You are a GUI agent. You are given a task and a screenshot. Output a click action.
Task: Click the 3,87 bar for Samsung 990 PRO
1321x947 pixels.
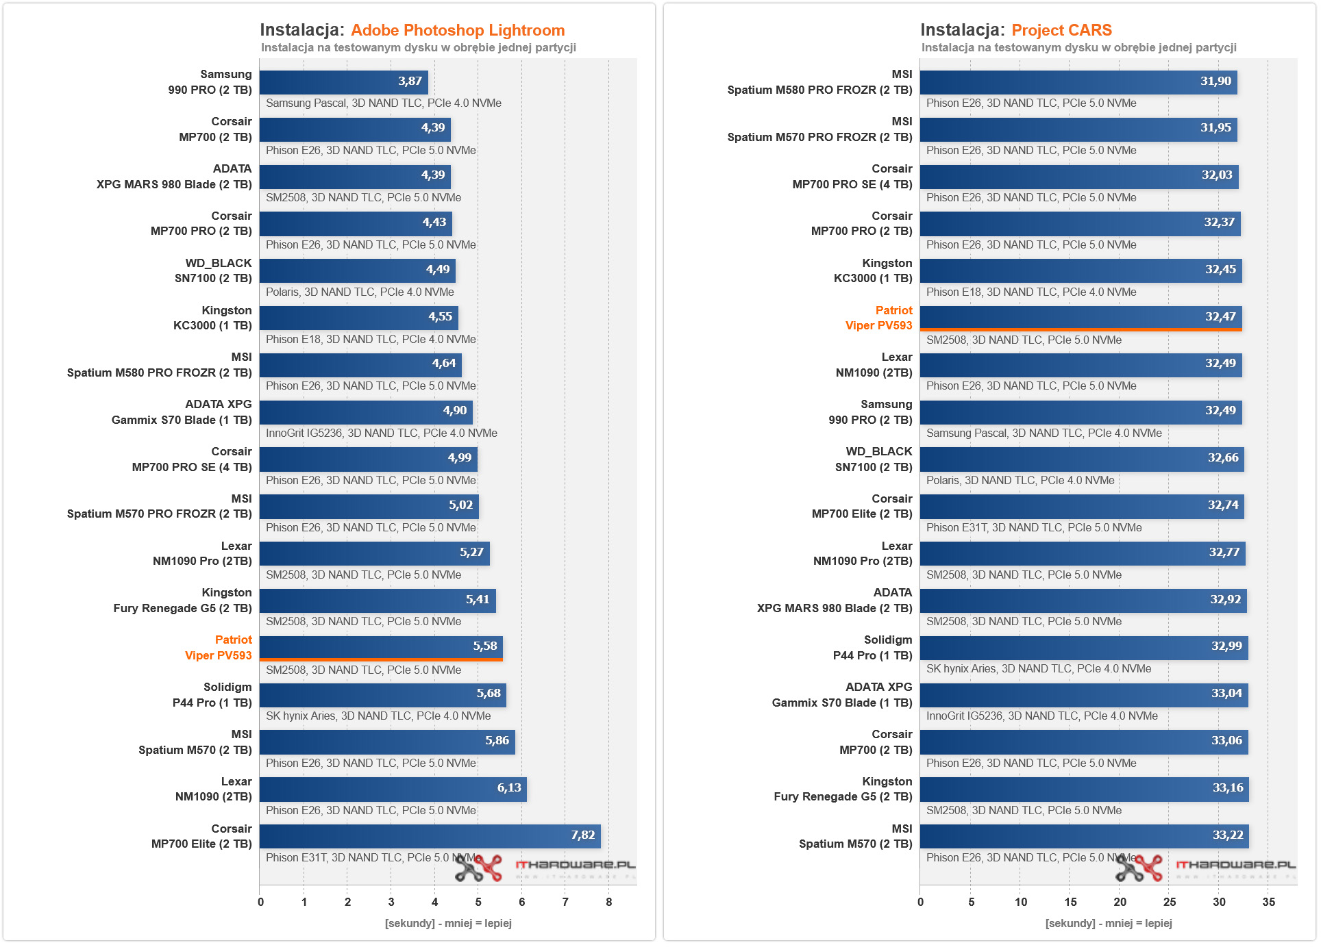click(343, 82)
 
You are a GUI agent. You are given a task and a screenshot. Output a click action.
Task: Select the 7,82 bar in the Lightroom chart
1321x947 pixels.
click(430, 836)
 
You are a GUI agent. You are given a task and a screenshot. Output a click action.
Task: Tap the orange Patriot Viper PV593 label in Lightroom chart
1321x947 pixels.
click(219, 648)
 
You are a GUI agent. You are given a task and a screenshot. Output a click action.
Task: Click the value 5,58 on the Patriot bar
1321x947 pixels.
click(485, 646)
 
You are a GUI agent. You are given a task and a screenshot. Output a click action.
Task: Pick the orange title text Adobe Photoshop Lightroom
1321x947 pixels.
click(458, 30)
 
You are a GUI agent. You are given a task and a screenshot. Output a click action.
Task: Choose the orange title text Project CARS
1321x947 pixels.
click(1061, 30)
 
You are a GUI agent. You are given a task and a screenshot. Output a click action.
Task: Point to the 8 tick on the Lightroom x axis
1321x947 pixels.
click(608, 902)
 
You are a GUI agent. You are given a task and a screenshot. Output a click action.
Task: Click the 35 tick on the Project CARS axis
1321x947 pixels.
click(1268, 902)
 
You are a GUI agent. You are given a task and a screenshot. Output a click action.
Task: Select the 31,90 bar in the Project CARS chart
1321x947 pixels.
click(1078, 82)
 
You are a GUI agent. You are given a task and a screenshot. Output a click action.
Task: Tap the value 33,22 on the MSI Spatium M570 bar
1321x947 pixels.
click(1227, 835)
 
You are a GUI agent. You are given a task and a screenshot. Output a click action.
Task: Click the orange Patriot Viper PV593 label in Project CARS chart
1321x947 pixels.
click(879, 318)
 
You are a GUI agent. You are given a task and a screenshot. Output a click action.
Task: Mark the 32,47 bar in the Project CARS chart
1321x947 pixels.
click(1081, 318)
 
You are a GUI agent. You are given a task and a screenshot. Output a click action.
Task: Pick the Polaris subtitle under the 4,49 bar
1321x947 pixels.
click(360, 292)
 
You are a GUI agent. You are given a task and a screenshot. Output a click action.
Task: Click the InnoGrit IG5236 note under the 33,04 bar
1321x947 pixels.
click(1041, 716)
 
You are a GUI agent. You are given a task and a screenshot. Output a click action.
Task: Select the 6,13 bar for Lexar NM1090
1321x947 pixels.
click(393, 789)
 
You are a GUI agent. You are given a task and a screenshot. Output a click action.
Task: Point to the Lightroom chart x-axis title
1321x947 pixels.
click(448, 924)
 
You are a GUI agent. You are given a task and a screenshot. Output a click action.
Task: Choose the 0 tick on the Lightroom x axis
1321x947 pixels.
click(260, 902)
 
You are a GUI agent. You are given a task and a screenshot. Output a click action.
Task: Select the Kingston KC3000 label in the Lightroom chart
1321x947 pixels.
click(212, 318)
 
